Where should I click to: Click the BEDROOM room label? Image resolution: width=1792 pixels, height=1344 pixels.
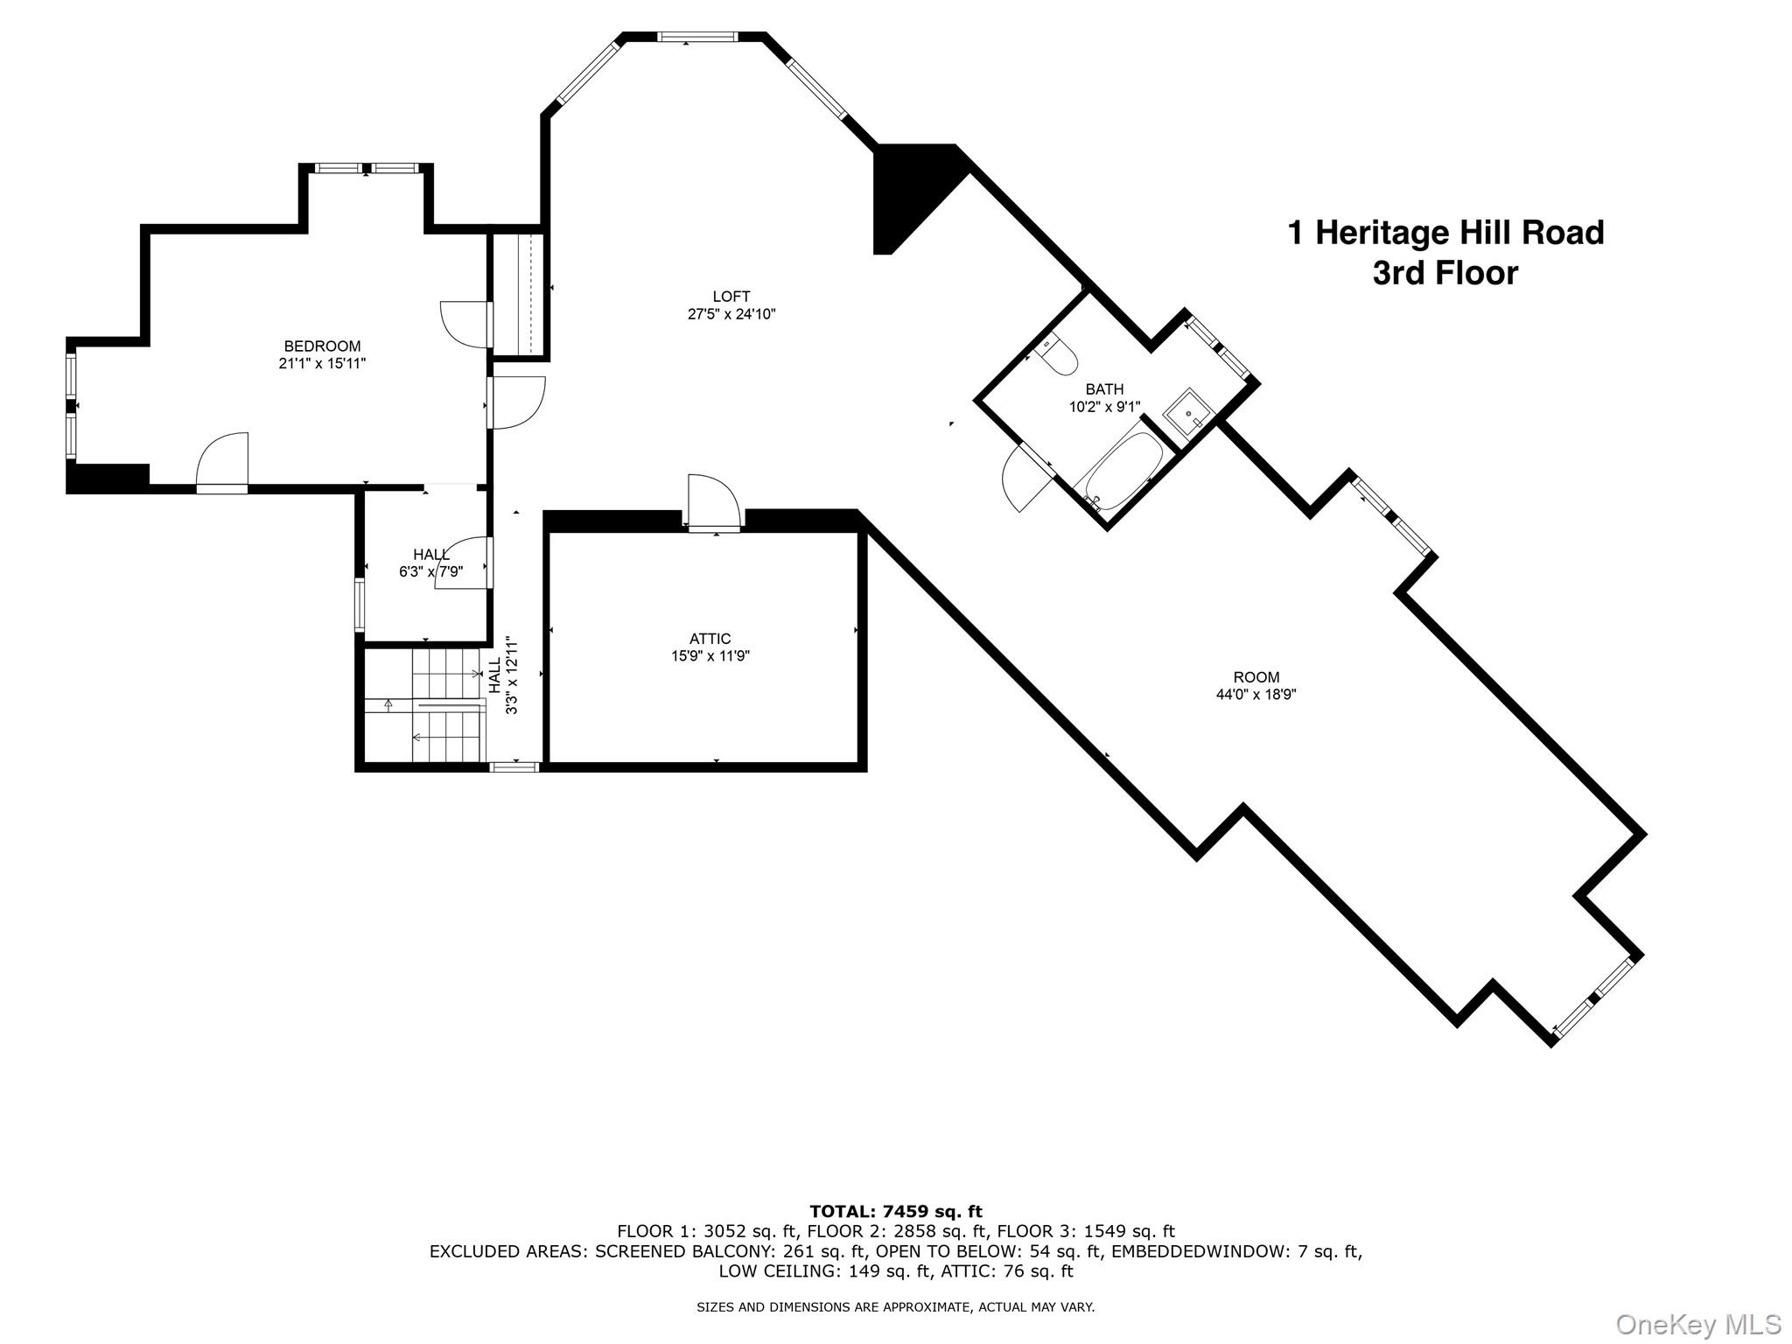click(322, 346)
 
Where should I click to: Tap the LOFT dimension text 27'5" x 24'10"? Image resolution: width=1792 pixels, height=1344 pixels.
click(731, 314)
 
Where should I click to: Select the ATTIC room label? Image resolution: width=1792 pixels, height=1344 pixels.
click(710, 639)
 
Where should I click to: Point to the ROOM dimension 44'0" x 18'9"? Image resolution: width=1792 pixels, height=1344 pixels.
click(1256, 695)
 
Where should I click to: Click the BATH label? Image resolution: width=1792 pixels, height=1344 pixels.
click(1104, 389)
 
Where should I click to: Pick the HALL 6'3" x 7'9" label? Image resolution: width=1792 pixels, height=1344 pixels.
click(431, 563)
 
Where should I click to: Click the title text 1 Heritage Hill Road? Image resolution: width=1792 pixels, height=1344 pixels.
click(1445, 233)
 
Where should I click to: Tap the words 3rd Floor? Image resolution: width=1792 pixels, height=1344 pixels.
click(1445, 274)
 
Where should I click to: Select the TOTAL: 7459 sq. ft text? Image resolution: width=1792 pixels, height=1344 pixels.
click(895, 1212)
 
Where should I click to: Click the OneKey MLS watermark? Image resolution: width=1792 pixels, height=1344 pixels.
click(1697, 1324)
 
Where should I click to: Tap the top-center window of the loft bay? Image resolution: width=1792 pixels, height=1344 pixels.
click(696, 38)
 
